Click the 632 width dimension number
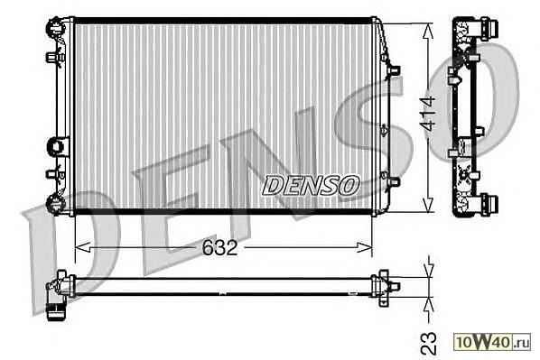click(219, 247)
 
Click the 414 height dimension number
click(428, 115)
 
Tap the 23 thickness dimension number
click(429, 344)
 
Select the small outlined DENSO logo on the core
click(311, 185)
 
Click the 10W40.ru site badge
click(492, 341)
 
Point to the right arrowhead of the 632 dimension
click(364, 247)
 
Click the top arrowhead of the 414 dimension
click(428, 31)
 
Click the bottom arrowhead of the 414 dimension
click(428, 204)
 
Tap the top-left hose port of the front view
click(54, 26)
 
